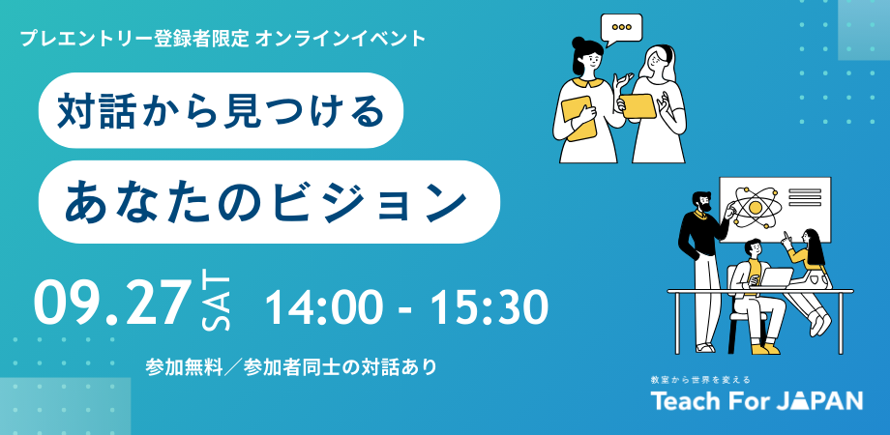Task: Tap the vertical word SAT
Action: (217, 304)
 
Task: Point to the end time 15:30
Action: (489, 307)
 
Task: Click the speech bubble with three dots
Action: (621, 28)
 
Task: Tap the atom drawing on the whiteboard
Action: (755, 207)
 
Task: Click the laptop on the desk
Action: (777, 277)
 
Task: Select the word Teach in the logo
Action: (686, 400)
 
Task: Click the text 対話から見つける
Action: (221, 110)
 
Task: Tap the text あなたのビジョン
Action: (266, 202)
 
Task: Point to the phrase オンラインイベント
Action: (341, 39)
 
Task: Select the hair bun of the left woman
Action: (578, 43)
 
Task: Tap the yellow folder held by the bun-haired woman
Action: (578, 118)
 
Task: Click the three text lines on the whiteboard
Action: (805, 198)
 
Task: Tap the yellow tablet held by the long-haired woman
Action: (638, 106)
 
